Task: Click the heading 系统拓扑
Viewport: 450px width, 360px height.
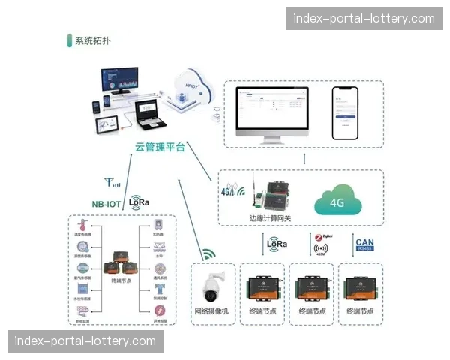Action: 93,41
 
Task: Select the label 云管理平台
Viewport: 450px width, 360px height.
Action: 160,147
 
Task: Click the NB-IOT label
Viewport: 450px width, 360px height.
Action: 106,202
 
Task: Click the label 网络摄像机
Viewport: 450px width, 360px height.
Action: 212,310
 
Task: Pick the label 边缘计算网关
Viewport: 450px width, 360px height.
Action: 269,218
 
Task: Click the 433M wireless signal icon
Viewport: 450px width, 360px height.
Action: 322,248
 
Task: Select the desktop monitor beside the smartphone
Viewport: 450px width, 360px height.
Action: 272,114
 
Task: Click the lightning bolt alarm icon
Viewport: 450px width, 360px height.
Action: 158,308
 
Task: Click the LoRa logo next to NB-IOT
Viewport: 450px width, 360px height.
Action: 139,202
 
